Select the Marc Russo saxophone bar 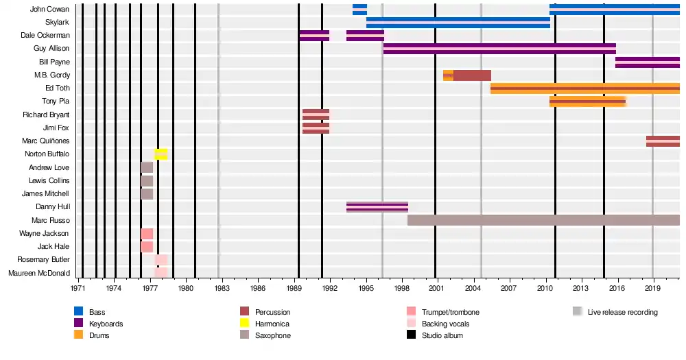[x=543, y=220]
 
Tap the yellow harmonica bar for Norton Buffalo [x=161, y=154]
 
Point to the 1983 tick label [x=222, y=288]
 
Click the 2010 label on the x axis [x=545, y=288]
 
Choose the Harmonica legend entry [x=272, y=324]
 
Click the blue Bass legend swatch [x=78, y=312]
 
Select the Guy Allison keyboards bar [x=499, y=49]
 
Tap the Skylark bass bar [x=458, y=22]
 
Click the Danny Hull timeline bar [x=377, y=207]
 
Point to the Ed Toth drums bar [x=585, y=88]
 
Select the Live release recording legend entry [x=622, y=312]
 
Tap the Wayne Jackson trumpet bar [x=147, y=234]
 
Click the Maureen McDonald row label [x=38, y=274]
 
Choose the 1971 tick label [x=78, y=288]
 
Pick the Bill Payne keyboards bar [x=647, y=62]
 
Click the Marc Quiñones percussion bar [x=663, y=141]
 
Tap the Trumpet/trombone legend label [x=451, y=312]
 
